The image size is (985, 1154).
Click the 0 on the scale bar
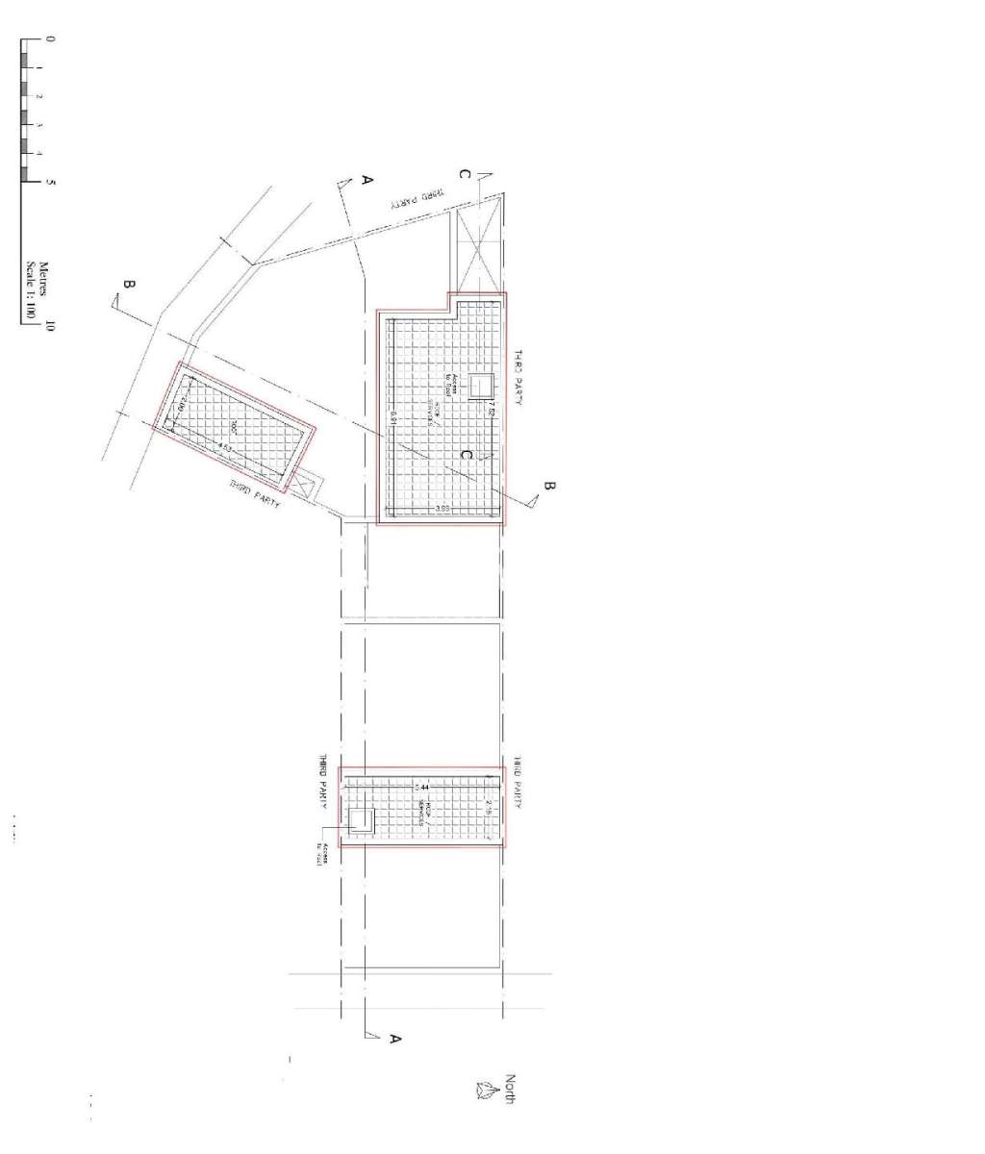click(50, 39)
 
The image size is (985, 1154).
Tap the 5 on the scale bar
click(50, 182)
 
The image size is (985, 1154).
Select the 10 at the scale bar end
click(50, 325)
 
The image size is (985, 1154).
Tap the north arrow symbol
click(484, 1089)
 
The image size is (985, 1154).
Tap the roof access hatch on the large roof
click(479, 385)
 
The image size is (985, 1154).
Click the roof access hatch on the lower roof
click(361, 820)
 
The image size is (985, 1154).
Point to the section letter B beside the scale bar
click(128, 285)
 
